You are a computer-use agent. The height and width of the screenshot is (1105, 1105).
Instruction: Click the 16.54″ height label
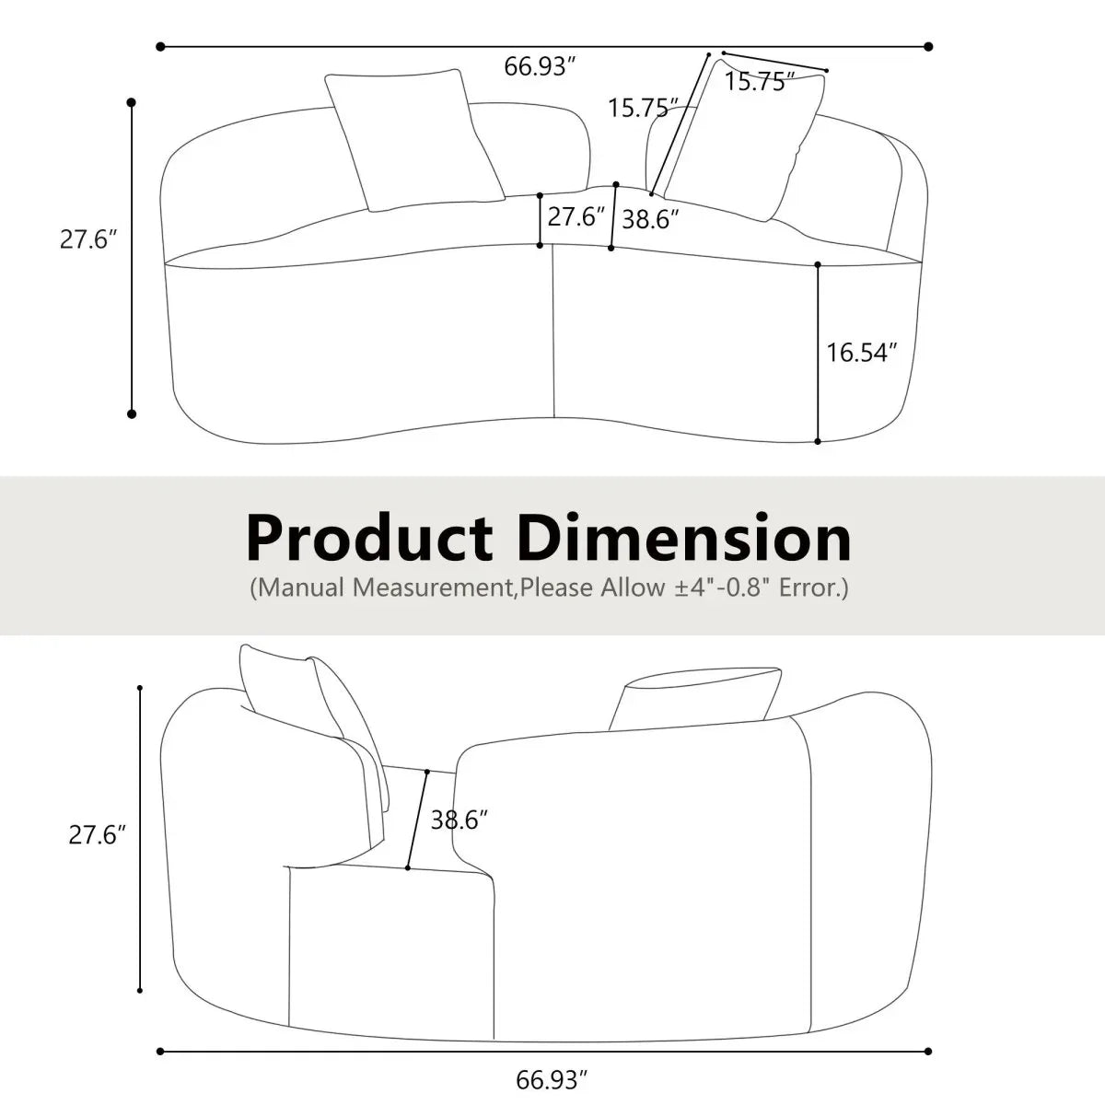[x=861, y=353]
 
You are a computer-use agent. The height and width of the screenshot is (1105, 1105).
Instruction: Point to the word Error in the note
[x=810, y=587]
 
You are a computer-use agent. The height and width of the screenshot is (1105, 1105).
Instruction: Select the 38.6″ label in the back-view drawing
[x=459, y=820]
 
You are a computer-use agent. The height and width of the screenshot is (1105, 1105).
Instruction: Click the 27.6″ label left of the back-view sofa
[x=97, y=835]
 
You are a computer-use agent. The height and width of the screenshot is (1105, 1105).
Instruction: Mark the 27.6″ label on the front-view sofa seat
[x=576, y=217]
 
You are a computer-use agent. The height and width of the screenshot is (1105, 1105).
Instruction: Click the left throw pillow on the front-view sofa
[x=414, y=140]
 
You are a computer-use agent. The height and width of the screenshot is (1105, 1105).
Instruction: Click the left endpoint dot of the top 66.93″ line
[x=160, y=45]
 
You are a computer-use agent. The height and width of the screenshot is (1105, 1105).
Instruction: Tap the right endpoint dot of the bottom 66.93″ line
[x=928, y=1051]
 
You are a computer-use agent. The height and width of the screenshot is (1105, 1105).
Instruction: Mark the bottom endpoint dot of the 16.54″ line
[x=818, y=442]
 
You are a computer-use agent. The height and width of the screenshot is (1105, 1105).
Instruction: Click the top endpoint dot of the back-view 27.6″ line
[x=140, y=688]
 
